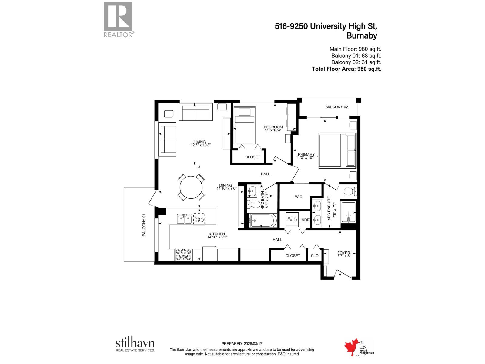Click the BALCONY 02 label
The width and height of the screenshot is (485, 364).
tap(336, 107)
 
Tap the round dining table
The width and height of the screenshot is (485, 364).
tap(191, 187)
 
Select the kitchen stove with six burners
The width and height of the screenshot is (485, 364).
tap(183, 254)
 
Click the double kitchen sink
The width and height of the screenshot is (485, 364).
tap(184, 219)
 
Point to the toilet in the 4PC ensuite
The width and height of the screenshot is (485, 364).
tap(350, 191)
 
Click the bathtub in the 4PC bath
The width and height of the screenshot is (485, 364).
tap(263, 221)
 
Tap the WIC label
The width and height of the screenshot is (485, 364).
tap(299, 197)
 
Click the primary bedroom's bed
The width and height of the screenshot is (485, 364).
tap(337, 150)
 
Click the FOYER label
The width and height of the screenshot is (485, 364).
tap(344, 253)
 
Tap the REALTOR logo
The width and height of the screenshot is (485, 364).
tap(118, 19)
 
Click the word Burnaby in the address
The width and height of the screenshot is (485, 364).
tap(362, 36)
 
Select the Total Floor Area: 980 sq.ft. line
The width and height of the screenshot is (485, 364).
tap(346, 69)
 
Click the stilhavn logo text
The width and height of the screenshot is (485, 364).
tap(135, 343)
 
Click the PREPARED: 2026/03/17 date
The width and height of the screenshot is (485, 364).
tap(242, 344)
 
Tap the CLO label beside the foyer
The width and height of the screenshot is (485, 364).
tap(315, 256)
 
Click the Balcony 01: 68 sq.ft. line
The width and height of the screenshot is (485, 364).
tap(356, 56)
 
